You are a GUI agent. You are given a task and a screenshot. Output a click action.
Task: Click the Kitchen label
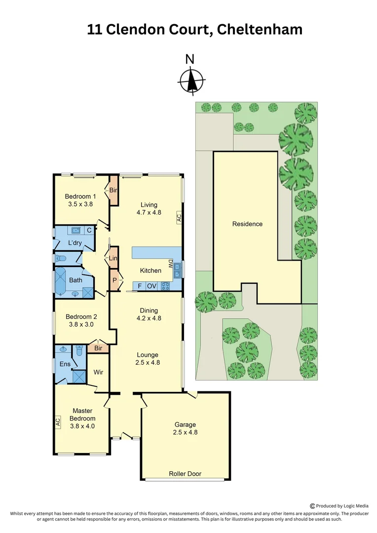[151, 270]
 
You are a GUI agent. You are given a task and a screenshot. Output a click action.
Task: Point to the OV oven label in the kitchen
[151, 285]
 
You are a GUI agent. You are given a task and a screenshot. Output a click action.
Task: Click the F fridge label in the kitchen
[140, 285]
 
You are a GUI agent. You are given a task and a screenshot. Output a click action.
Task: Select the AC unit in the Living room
[179, 217]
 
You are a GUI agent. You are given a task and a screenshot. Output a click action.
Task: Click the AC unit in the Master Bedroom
[58, 422]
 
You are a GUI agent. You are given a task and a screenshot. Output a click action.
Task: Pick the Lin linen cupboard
[113, 258]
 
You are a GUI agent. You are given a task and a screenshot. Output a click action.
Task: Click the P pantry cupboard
[114, 280]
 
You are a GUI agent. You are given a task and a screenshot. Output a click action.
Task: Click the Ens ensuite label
[66, 365]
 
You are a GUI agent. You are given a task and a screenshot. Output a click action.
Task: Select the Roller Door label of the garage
[185, 474]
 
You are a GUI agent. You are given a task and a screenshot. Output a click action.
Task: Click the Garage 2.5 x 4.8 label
[185, 428]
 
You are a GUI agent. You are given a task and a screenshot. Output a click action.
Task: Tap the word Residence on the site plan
[247, 224]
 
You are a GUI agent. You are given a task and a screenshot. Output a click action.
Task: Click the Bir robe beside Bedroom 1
[113, 190]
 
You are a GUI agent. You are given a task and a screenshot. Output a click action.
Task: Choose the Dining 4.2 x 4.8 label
[149, 314]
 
